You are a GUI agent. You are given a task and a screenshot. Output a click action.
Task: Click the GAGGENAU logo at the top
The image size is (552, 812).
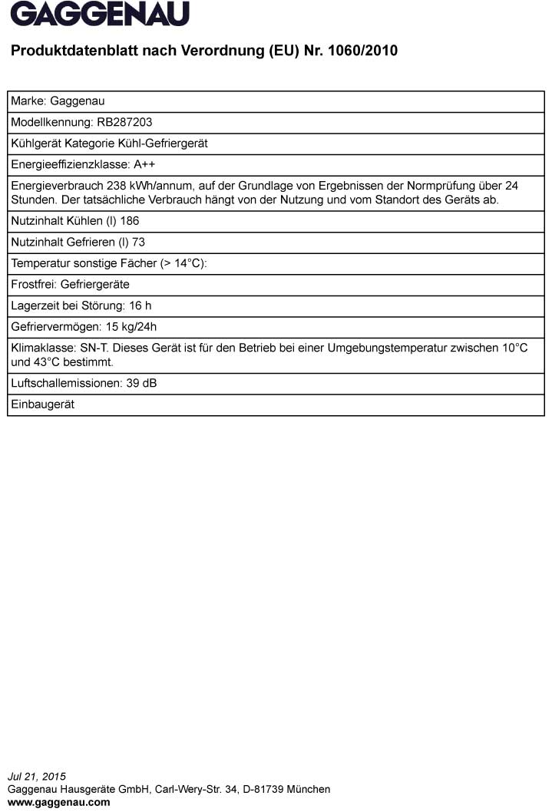coord(100,14)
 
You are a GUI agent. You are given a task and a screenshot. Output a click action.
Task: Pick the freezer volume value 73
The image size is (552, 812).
coord(139,242)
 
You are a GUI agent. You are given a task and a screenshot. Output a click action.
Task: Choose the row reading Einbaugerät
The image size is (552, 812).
coord(42,404)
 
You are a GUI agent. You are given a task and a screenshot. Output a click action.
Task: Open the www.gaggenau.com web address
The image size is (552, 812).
coord(58,802)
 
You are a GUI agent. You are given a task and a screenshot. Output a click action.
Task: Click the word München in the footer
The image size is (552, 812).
coord(311,789)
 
